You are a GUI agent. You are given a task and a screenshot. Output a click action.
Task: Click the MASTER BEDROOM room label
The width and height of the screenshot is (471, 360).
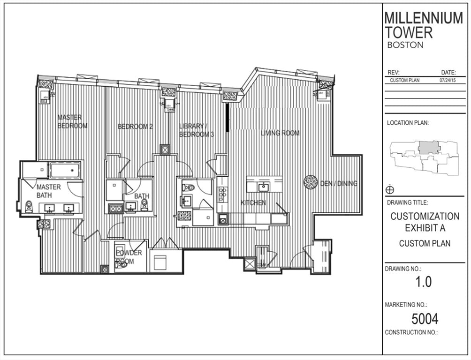coord(72,121)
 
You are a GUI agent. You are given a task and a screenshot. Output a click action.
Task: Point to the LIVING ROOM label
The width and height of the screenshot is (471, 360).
coord(280,133)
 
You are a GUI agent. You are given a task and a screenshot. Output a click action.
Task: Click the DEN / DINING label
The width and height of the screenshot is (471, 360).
coord(338,183)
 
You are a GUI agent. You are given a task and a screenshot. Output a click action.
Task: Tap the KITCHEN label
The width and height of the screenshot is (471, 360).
coord(253,203)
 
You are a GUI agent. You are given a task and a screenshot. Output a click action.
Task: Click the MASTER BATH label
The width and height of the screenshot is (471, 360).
coord(49,191)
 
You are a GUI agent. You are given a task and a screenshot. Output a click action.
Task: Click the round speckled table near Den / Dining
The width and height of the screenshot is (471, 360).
coord(311,182)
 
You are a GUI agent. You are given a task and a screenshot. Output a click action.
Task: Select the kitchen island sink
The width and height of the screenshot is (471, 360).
coord(263,187)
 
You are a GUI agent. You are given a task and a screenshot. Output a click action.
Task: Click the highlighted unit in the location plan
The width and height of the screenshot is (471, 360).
coord(428,148)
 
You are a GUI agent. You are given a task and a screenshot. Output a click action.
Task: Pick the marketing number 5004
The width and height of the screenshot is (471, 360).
coord(425,319)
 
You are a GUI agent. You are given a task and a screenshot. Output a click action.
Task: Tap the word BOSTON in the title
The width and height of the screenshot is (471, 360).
coord(405,45)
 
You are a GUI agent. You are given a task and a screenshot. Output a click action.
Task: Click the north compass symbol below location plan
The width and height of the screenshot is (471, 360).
coord(390,190)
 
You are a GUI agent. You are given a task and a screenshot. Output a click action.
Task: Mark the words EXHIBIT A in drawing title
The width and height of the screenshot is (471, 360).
coord(425,228)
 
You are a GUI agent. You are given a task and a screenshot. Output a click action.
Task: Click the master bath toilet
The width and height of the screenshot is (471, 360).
coord(29,207)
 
